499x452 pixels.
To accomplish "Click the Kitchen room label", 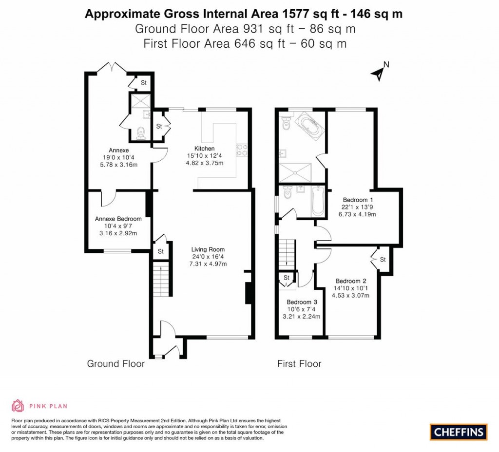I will pyautogui.click(x=204, y=149).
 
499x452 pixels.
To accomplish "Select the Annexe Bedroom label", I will pyautogui.click(x=118, y=219).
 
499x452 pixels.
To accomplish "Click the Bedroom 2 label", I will pyautogui.click(x=350, y=281).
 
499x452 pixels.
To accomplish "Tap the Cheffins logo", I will pyautogui.click(x=458, y=432).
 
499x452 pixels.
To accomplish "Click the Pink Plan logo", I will pyautogui.click(x=39, y=405).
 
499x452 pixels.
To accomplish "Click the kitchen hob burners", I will pyautogui.click(x=241, y=150).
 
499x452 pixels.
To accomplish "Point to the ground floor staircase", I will pyautogui.click(x=160, y=282).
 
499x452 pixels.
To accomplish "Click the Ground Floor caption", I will pyautogui.click(x=115, y=364).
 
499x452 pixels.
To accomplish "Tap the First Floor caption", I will pyautogui.click(x=299, y=364).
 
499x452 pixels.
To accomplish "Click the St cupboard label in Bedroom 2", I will pyautogui.click(x=383, y=259).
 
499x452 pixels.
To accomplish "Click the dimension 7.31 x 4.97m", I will pyautogui.click(x=209, y=264).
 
